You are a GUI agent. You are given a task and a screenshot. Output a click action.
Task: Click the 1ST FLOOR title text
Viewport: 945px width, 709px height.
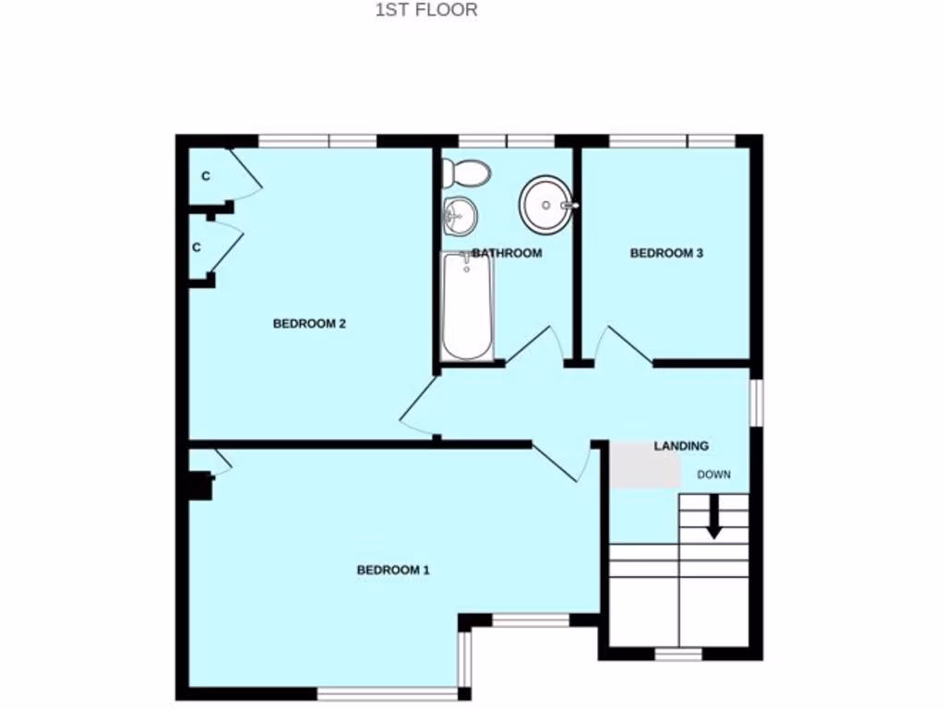click(x=425, y=11)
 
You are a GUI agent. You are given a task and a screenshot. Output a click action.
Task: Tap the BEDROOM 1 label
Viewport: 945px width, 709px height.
click(x=393, y=570)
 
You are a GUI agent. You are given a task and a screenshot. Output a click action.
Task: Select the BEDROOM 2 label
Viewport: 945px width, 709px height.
click(x=309, y=323)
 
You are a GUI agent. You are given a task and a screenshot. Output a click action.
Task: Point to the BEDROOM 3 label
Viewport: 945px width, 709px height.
click(x=666, y=253)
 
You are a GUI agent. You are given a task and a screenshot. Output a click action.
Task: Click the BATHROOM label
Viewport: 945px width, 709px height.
click(x=507, y=253)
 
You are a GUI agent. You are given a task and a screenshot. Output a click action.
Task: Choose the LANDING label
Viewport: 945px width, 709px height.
click(x=681, y=446)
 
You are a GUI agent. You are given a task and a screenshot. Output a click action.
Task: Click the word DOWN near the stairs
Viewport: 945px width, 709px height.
click(x=713, y=475)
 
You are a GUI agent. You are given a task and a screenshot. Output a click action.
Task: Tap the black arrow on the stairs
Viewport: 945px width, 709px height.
click(x=713, y=519)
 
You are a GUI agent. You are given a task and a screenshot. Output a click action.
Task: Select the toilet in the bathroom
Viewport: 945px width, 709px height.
click(x=465, y=171)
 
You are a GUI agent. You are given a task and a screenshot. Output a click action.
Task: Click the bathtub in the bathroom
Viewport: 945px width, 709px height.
click(x=467, y=306)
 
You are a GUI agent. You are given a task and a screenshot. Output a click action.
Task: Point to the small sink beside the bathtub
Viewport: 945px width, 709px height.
click(x=459, y=215)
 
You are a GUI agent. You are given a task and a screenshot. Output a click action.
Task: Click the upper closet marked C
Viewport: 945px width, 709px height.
click(x=206, y=175)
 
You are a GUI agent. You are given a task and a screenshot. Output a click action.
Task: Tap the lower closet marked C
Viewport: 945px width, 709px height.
click(x=197, y=247)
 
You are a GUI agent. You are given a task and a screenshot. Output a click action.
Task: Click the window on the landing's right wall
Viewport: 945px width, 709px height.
click(x=755, y=403)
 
